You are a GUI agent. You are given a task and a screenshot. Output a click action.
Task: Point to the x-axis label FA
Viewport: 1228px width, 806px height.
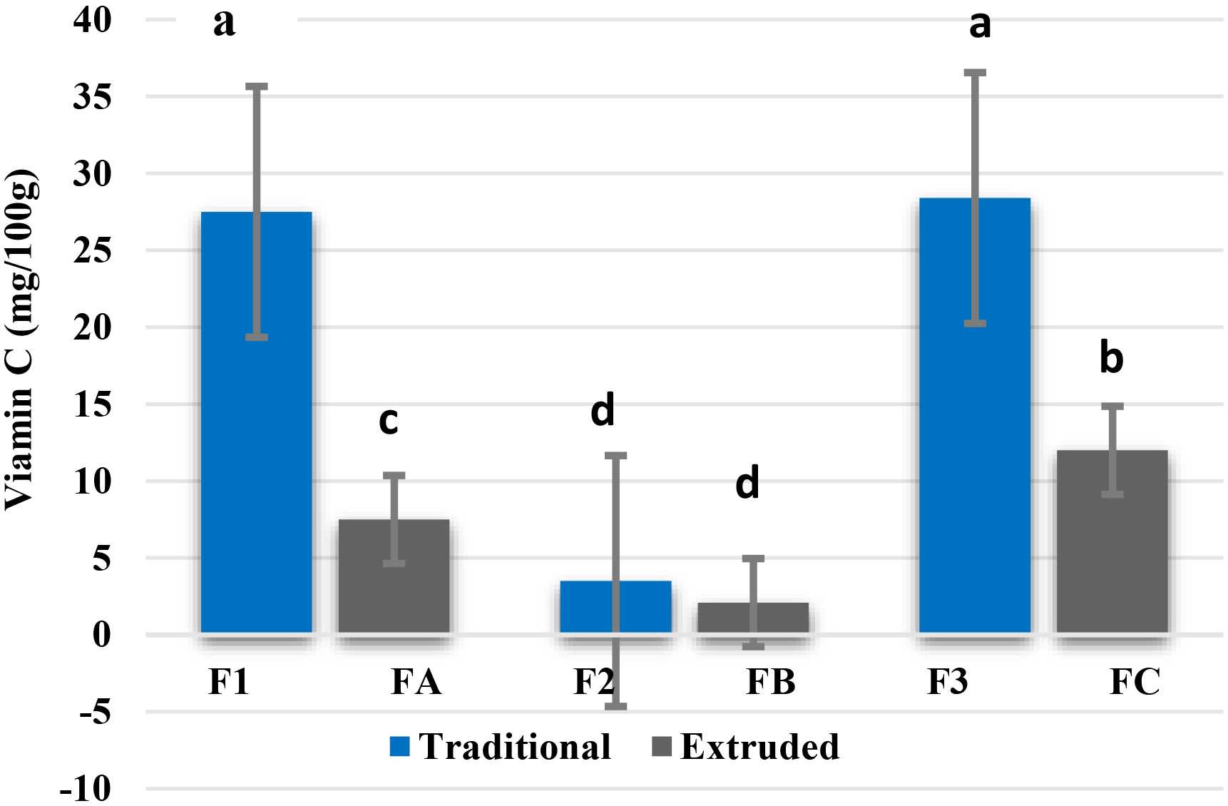point(416,682)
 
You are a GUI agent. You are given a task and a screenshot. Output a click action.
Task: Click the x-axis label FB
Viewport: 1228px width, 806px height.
point(770,682)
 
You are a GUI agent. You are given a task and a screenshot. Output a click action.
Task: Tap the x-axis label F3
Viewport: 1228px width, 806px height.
point(948,682)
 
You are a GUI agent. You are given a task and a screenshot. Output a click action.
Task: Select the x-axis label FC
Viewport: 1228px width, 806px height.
point(1135,682)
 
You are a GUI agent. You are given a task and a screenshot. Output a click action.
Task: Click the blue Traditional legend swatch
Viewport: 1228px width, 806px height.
point(399,747)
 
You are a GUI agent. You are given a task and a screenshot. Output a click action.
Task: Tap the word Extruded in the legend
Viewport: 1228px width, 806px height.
point(759,747)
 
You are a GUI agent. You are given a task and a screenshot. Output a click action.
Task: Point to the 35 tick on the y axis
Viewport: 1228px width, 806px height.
point(93,96)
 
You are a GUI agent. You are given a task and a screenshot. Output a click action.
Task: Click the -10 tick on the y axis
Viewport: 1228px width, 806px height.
point(86,789)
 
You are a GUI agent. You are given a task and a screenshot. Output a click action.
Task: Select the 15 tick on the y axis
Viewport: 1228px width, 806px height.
point(93,404)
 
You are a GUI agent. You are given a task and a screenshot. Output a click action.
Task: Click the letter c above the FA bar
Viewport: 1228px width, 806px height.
point(388,421)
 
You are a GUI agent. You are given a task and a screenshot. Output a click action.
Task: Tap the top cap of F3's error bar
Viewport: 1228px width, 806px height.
point(975,73)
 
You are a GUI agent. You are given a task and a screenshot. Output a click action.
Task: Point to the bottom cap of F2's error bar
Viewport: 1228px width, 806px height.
point(615,706)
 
